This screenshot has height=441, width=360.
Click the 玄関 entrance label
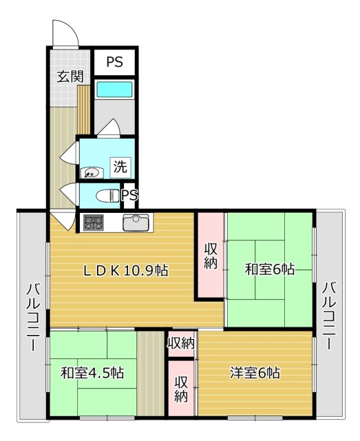(70, 76)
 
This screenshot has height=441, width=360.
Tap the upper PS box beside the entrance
(115, 62)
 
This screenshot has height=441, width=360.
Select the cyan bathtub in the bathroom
(114, 90)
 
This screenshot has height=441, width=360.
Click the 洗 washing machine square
(120, 167)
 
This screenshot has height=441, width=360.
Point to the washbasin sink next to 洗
(92, 173)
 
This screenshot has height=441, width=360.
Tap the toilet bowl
(108, 196)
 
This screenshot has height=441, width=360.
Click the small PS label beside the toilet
(129, 194)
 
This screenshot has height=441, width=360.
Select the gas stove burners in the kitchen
(94, 223)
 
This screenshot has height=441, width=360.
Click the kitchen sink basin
(136, 223)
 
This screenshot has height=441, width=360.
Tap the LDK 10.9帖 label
(126, 271)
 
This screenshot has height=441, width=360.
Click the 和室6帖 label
(270, 269)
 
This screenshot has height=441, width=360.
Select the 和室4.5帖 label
(92, 373)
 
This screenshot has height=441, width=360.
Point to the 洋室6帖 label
(255, 373)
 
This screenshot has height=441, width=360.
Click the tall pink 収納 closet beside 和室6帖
(211, 255)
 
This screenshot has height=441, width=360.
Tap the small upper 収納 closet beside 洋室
(181, 343)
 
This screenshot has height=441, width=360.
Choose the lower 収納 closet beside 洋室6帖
(181, 389)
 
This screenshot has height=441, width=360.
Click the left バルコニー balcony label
(34, 317)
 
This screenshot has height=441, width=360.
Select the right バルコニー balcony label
(329, 316)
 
